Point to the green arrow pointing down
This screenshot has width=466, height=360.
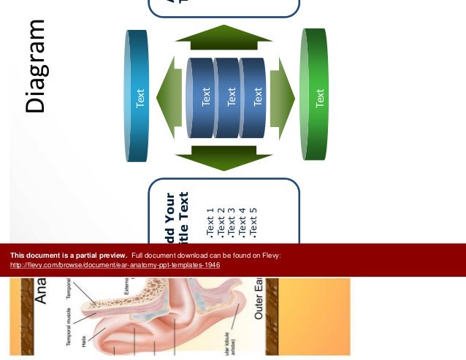pyautogui.click(x=224, y=157)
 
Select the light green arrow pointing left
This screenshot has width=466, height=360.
pyautogui.click(x=169, y=98)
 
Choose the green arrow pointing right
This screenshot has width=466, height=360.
pyautogui.click(x=282, y=98)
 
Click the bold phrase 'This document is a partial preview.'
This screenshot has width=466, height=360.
pyautogui.click(x=69, y=256)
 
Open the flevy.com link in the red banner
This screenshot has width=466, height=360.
pyautogui.click(x=115, y=265)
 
